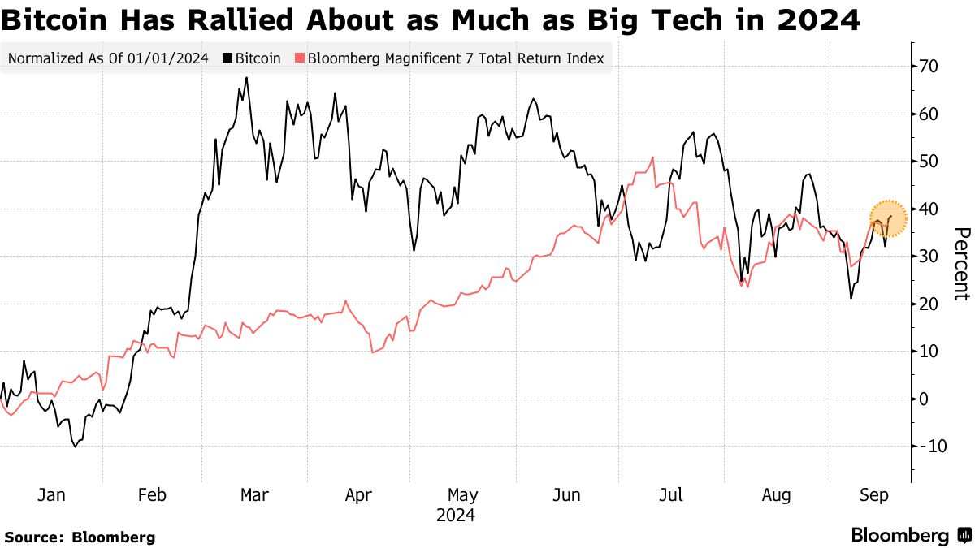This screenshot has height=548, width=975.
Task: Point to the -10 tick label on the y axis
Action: (932, 447)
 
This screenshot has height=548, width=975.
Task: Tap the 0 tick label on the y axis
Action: (923, 399)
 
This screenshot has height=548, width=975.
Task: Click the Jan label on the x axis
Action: (51, 495)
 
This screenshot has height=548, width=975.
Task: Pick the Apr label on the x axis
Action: (358, 496)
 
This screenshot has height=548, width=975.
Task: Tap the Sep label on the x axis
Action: (874, 496)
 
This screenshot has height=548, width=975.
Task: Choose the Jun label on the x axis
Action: (566, 495)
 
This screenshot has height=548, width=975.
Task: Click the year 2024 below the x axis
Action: (456, 516)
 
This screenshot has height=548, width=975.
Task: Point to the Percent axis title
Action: (962, 264)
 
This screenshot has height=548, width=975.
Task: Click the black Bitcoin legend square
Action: (227, 58)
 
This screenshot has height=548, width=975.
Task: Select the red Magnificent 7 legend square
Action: (300, 58)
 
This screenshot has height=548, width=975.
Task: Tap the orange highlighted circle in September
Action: (888, 218)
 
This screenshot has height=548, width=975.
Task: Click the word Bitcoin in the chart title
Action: (54, 20)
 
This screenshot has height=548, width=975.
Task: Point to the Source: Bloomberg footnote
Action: (80, 537)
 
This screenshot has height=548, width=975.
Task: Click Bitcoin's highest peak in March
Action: (247, 78)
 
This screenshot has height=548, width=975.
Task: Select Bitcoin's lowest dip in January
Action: (75, 447)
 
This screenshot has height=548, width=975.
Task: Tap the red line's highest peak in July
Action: (653, 157)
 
